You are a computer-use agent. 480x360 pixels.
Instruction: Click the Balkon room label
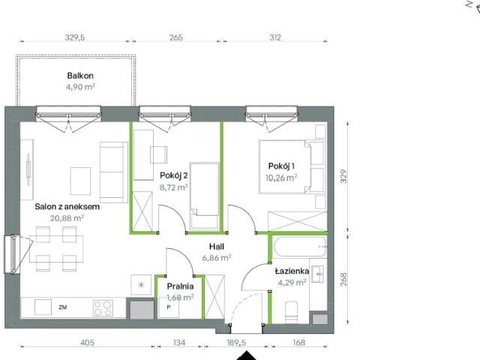(x=79, y=76)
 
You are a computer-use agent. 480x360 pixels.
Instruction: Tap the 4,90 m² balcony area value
(x=79, y=87)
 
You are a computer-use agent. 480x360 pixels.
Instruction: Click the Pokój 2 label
(x=173, y=175)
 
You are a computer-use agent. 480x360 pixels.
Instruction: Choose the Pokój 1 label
(x=281, y=166)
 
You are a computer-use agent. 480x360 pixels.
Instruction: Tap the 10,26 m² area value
(x=280, y=178)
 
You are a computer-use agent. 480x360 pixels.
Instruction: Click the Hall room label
(x=218, y=245)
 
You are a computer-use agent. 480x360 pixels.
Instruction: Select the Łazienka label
(x=289, y=271)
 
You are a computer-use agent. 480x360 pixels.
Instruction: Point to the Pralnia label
(x=181, y=286)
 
